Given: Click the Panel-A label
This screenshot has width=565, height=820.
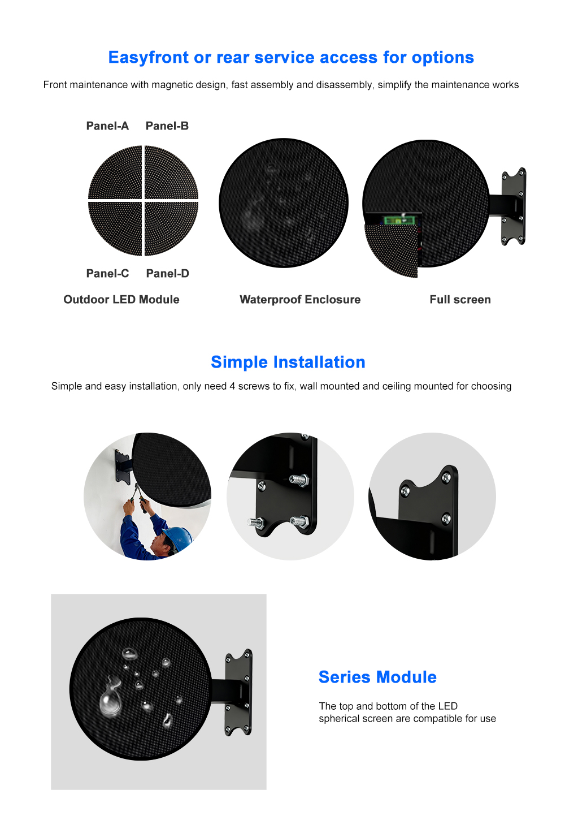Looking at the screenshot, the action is click(x=107, y=126).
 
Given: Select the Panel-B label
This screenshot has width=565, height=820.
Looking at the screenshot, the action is click(x=167, y=126).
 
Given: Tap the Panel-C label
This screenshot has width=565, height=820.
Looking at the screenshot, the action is click(x=107, y=274).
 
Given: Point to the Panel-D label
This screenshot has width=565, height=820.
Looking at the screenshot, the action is click(x=167, y=274).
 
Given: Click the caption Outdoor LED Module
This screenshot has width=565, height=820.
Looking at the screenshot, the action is click(x=121, y=300).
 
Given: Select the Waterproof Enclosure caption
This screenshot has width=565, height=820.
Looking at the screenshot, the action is click(x=300, y=300).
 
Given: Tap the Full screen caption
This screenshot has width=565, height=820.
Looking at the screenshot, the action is click(x=460, y=300).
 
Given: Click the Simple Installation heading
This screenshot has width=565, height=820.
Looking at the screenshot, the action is click(x=288, y=362).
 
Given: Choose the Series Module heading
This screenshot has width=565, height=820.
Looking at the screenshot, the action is click(x=377, y=677).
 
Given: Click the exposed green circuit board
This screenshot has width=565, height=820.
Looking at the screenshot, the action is click(x=400, y=221).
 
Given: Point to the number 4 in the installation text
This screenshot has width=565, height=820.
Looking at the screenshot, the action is click(x=233, y=386).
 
